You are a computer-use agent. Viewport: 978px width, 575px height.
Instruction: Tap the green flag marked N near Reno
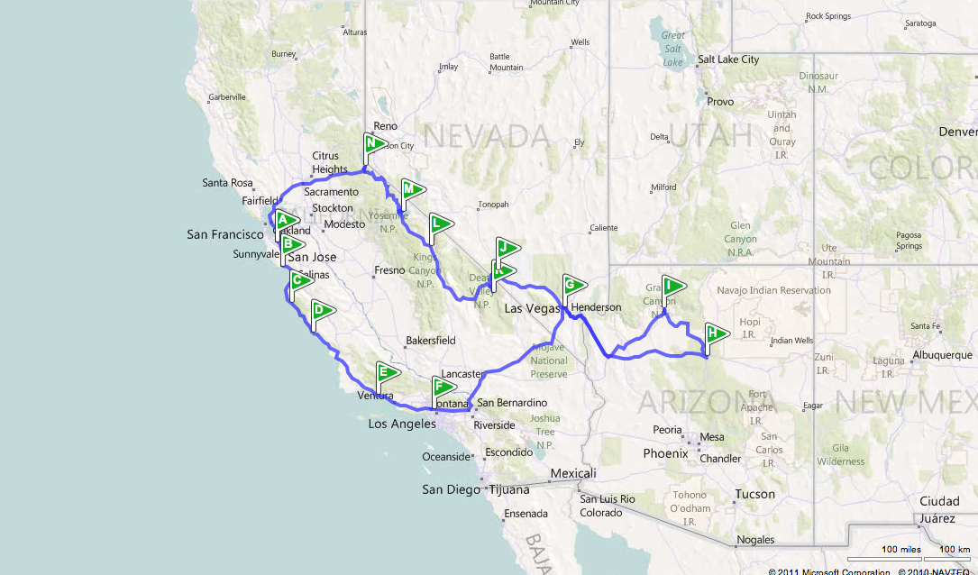374,143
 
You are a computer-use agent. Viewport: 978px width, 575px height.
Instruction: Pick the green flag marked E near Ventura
387,372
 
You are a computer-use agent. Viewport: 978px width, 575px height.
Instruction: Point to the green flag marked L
439,224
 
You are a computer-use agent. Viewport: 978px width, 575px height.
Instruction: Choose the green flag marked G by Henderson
572,285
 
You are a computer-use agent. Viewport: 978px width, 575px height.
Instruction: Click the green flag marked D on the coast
321,311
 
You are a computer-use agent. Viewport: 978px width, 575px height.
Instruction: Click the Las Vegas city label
532,308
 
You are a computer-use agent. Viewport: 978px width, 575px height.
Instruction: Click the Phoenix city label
665,453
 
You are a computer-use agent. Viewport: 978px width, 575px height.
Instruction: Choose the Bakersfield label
431,341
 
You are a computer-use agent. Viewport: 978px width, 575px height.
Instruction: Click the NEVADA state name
486,137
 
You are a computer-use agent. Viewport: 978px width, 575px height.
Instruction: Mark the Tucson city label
754,494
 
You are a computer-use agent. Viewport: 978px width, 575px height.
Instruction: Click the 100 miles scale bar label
900,550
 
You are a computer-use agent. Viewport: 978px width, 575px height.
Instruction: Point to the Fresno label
390,270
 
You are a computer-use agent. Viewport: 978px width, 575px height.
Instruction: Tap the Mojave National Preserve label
549,361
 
